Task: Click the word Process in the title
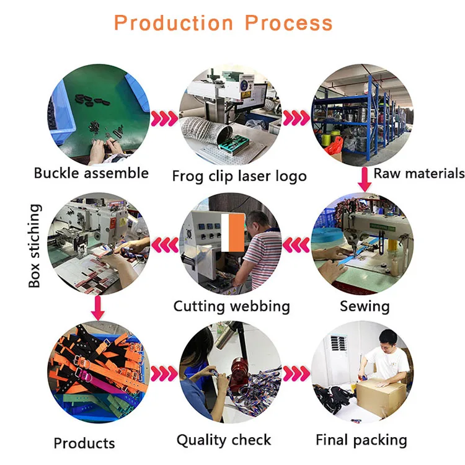289,24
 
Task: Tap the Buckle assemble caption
91,173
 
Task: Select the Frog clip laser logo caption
239,176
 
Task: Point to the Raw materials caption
418,174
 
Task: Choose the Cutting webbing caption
231,306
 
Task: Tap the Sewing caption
365,306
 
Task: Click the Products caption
84,443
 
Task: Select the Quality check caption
224,440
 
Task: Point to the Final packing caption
361,440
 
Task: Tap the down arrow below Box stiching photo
96,306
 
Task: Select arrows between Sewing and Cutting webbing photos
296,246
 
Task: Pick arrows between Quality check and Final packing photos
296,374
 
